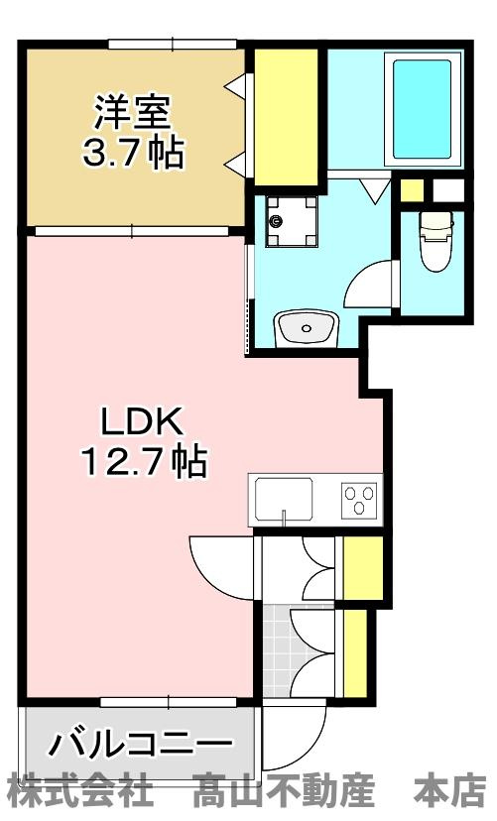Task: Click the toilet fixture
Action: (435, 242)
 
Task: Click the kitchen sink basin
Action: (284, 498)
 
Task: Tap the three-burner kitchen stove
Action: (359, 498)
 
